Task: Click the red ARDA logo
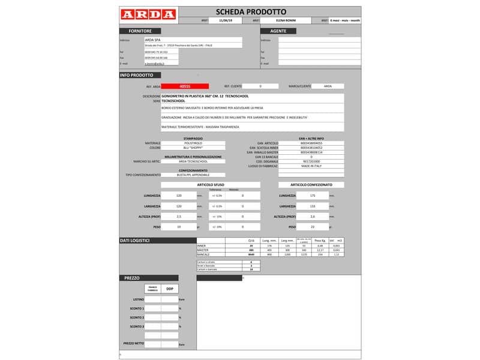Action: pyautogui.click(x=148, y=14)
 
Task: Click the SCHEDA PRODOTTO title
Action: pyautogui.click(x=251, y=12)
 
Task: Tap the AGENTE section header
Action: pyautogui.click(x=278, y=31)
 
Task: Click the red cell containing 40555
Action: pyautogui.click(x=185, y=86)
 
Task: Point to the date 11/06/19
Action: pyautogui.click(x=226, y=20)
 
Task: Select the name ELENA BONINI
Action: pyautogui.click(x=286, y=20)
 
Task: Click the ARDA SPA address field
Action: pyautogui.click(x=193, y=40)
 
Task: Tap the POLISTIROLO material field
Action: pyautogui.click(x=193, y=143)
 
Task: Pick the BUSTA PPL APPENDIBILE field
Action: pyautogui.click(x=193, y=175)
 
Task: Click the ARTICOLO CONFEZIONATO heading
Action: pyautogui.click(x=311, y=184)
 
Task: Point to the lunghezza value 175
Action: pyautogui.click(x=312, y=196)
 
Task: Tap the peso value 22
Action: pyautogui.click(x=312, y=227)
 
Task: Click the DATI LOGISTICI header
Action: pyautogui.click(x=134, y=241)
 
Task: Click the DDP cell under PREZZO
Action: pyautogui.click(x=169, y=289)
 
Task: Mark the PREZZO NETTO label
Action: pyautogui.click(x=134, y=343)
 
